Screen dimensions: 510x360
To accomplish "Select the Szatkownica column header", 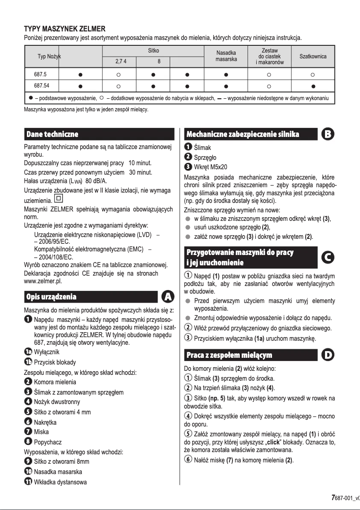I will pyautogui.click(x=312, y=57).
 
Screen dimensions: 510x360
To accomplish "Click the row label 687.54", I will pyautogui.click(x=43, y=85).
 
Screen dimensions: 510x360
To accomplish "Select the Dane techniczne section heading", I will pyautogui.click(x=53, y=134).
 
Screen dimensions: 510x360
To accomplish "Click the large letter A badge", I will pyautogui.click(x=168, y=297).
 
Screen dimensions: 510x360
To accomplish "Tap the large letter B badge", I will pyautogui.click(x=328, y=134).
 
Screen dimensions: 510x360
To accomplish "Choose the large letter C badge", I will pyautogui.click(x=328, y=257).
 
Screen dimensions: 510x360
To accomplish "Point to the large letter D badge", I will pyautogui.click(x=328, y=355).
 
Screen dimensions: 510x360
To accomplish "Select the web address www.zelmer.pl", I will pyautogui.click(x=43, y=281).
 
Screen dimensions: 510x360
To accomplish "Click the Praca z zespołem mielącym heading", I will pyautogui.click(x=229, y=356).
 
